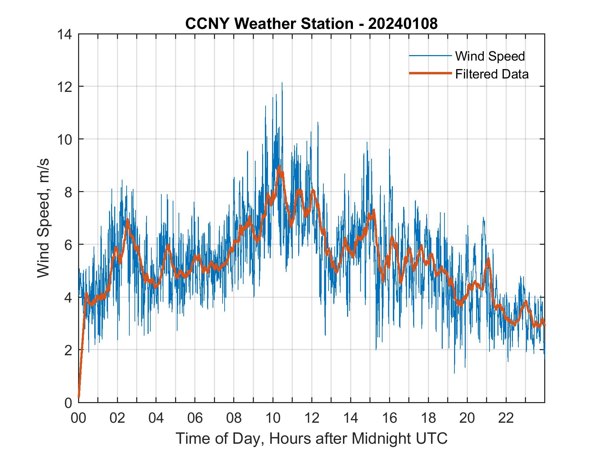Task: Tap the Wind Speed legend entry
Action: coord(490,56)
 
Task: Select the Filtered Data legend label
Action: coord(492,74)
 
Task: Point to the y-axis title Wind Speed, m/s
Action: coord(44,218)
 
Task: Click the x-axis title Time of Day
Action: coord(311,438)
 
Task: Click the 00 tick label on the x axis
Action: coord(78,418)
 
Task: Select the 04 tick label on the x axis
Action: coord(156,418)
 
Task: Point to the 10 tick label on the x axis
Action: coord(273,418)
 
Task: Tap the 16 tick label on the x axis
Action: coord(389,418)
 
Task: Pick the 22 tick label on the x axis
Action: coord(506,418)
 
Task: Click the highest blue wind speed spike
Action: coord(282,83)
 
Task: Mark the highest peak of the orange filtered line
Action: coord(279,166)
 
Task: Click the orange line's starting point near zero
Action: coord(79,397)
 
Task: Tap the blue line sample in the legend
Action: coord(430,56)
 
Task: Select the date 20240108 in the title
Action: coord(403,24)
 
